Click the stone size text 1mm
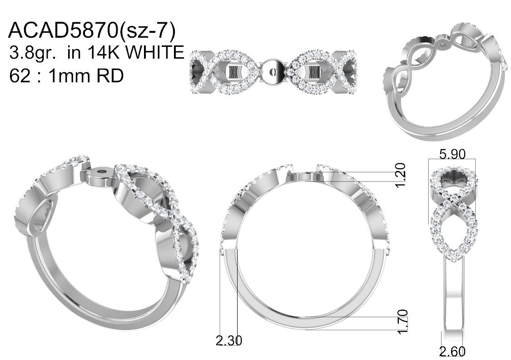(69, 76)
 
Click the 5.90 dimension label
(452, 154)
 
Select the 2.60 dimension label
(452, 351)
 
